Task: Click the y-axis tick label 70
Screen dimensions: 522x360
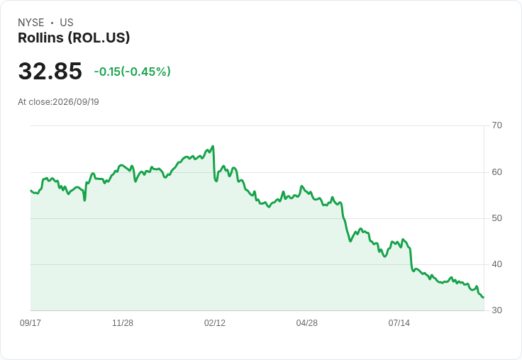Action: [496, 125]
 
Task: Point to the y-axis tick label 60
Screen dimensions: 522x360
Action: [496, 172]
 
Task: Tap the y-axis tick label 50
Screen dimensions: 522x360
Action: [496, 218]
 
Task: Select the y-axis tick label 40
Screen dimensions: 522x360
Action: [496, 264]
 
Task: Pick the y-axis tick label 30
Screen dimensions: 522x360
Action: [496, 310]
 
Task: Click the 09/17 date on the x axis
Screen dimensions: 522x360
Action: [30, 322]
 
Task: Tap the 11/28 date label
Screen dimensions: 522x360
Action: [123, 322]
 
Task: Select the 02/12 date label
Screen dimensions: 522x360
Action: [215, 322]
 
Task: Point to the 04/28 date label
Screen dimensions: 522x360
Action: [307, 322]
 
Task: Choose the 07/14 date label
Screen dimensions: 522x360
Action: [399, 322]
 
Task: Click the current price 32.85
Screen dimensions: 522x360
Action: [50, 71]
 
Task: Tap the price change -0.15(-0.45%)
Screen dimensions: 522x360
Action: [132, 72]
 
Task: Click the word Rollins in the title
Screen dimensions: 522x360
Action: [40, 38]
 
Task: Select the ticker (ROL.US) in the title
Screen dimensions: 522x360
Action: [99, 38]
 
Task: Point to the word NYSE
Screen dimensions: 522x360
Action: [31, 23]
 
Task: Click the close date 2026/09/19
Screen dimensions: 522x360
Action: [76, 102]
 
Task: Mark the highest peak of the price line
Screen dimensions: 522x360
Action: [213, 146]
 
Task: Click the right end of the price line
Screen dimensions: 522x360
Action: [484, 298]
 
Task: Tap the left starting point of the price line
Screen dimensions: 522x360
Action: [30, 191]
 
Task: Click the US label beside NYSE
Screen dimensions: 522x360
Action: [67, 23]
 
